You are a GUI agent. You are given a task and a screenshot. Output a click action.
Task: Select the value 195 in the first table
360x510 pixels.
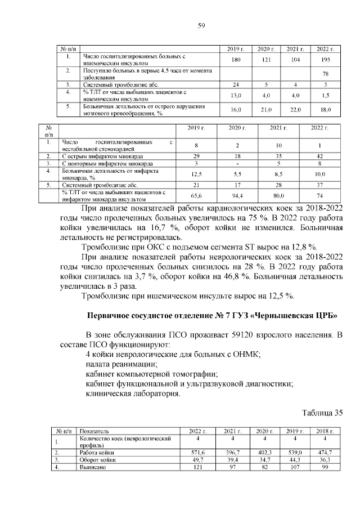pos(323,60)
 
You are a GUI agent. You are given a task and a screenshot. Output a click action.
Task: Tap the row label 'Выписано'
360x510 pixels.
pos(93,467)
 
